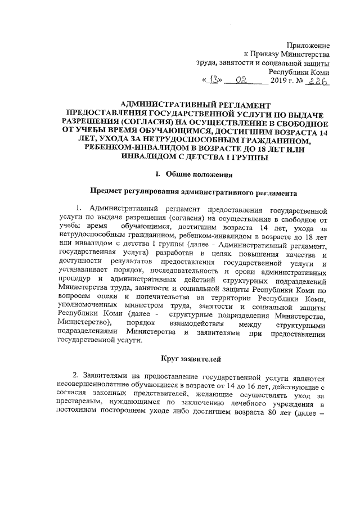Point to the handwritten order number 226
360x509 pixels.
click(x=318, y=81)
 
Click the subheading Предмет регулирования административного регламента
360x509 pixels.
click(x=194, y=193)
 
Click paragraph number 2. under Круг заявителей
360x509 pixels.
click(x=76, y=376)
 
